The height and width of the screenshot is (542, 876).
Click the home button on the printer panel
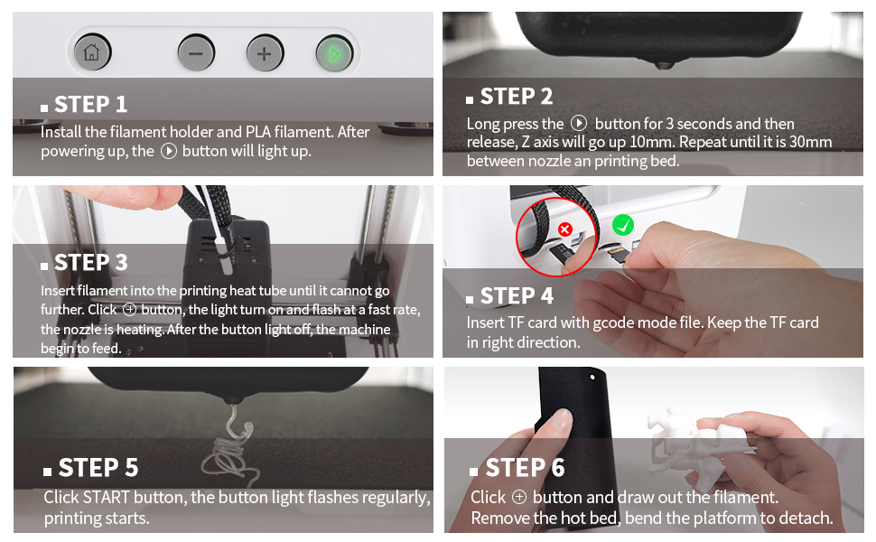(92, 52)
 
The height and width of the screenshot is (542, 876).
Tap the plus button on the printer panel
(265, 53)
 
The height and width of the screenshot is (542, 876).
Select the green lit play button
(334, 53)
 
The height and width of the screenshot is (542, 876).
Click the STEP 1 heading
(84, 105)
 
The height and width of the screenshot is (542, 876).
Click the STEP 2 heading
(510, 97)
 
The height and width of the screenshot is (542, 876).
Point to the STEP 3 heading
(84, 263)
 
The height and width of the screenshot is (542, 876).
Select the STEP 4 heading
(510, 296)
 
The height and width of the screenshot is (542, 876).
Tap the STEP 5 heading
(91, 468)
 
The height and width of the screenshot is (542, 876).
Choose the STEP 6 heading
(517, 468)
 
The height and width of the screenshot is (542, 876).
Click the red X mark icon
(565, 229)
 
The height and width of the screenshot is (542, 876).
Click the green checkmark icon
(623, 225)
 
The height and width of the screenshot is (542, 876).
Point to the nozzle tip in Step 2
(664, 66)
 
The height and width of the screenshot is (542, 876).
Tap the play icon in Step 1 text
(169, 152)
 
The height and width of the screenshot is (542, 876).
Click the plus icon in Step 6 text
(519, 497)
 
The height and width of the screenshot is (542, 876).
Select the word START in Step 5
(107, 498)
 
